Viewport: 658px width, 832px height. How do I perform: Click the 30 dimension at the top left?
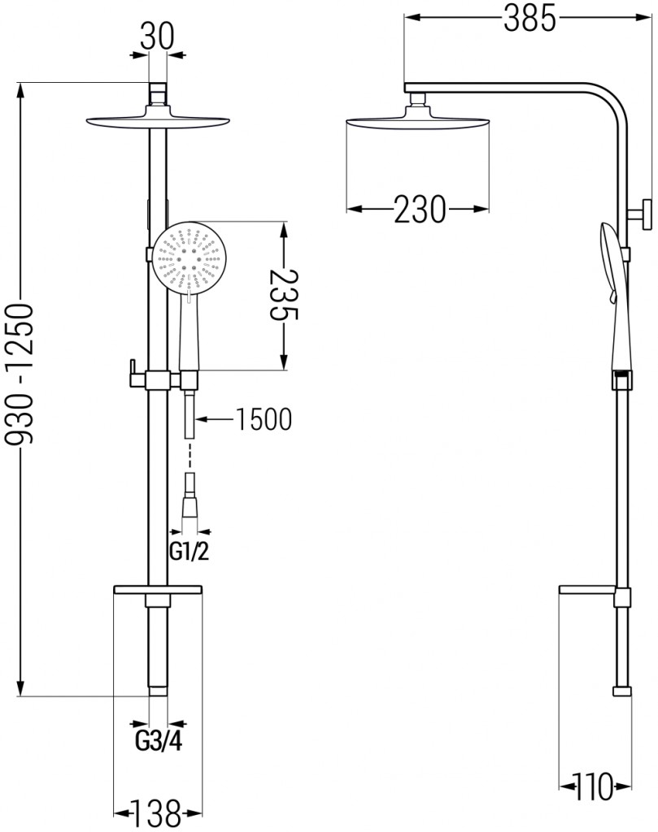[159, 37]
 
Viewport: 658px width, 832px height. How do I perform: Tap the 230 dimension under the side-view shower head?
[420, 210]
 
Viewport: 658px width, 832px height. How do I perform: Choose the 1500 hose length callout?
[263, 419]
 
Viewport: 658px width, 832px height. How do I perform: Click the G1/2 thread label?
[189, 553]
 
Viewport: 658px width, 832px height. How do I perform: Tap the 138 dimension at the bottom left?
[156, 810]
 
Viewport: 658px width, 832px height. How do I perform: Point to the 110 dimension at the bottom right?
[592, 786]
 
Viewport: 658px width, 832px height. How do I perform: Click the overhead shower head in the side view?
[418, 124]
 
